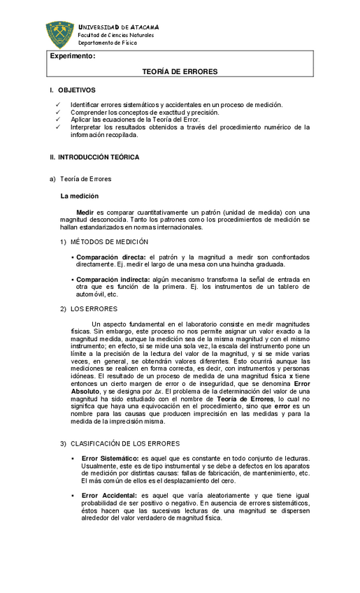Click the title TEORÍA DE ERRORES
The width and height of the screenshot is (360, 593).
180,72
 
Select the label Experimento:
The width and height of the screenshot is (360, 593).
72,55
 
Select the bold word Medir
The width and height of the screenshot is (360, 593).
85,212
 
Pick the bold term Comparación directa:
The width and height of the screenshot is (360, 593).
106,258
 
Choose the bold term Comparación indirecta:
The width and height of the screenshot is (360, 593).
109,279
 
